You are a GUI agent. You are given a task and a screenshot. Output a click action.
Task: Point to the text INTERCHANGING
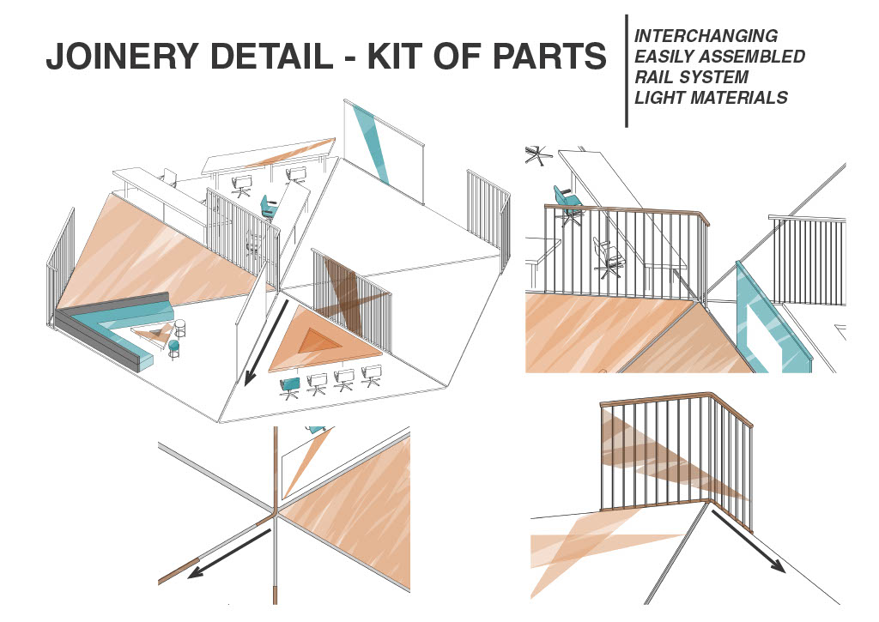[x=706, y=36]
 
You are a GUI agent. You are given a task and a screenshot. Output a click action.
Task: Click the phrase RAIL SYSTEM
[x=691, y=77]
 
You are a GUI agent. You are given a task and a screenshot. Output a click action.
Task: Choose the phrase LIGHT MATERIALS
[x=710, y=98]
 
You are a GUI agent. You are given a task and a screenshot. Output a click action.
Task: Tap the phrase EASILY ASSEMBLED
[x=719, y=57]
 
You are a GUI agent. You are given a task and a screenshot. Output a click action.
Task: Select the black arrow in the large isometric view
[x=264, y=343]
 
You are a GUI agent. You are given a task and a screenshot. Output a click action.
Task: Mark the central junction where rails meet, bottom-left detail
[x=274, y=514]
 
